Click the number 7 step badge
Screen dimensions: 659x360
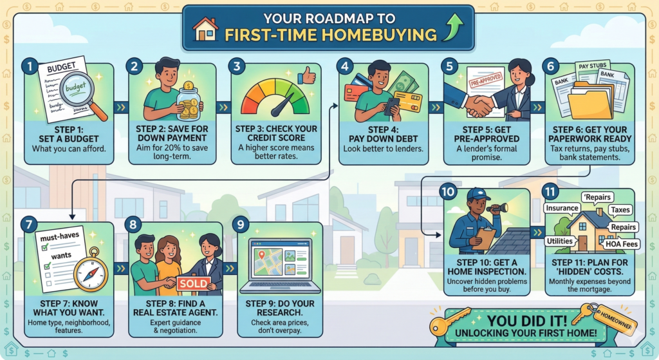click(29, 224)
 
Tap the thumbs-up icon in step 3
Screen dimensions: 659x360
click(307, 76)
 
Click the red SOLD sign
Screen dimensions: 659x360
click(194, 283)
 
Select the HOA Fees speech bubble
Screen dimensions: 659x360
click(622, 244)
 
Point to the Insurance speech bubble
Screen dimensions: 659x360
click(562, 208)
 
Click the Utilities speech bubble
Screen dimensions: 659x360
click(560, 241)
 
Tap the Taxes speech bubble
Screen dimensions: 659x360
click(620, 210)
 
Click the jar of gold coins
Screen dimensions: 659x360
click(189, 101)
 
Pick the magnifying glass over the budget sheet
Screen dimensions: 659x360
click(82, 93)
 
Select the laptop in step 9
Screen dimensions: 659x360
click(281, 266)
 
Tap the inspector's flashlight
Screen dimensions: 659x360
click(497, 207)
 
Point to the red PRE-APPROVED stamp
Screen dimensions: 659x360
click(487, 79)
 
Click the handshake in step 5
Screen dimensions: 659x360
click(479, 106)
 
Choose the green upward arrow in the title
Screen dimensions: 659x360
click(453, 26)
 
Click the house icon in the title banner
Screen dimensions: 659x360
click(205, 30)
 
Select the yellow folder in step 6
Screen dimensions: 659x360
click(590, 101)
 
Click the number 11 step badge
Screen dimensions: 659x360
click(550, 192)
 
